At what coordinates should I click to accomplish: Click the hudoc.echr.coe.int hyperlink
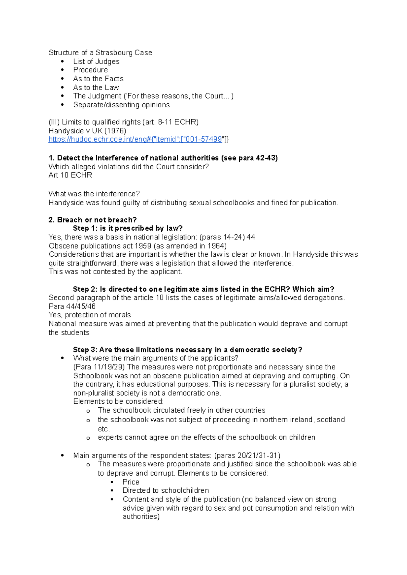136,140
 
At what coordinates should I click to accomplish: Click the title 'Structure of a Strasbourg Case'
100,52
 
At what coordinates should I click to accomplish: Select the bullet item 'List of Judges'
96,61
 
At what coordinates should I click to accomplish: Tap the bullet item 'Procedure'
91,70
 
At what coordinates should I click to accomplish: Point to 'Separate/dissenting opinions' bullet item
121,105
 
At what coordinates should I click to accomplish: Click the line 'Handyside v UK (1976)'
88,131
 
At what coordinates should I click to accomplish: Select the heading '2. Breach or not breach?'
93,220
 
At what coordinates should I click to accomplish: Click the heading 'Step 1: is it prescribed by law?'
128,228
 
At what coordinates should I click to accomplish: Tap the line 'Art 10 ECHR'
70,175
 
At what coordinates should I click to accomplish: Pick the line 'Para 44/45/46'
72,306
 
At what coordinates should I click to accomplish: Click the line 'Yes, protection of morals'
90,315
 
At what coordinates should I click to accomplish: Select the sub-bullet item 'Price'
131,482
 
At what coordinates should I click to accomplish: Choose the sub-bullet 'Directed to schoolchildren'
166,490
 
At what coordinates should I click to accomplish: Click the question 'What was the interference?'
94,194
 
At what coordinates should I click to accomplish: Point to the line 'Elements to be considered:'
118,401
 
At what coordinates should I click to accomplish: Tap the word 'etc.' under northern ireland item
103,429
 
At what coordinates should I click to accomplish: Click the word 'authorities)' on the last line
141,516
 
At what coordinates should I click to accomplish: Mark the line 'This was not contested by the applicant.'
115,272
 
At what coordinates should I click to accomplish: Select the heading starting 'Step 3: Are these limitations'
188,349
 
